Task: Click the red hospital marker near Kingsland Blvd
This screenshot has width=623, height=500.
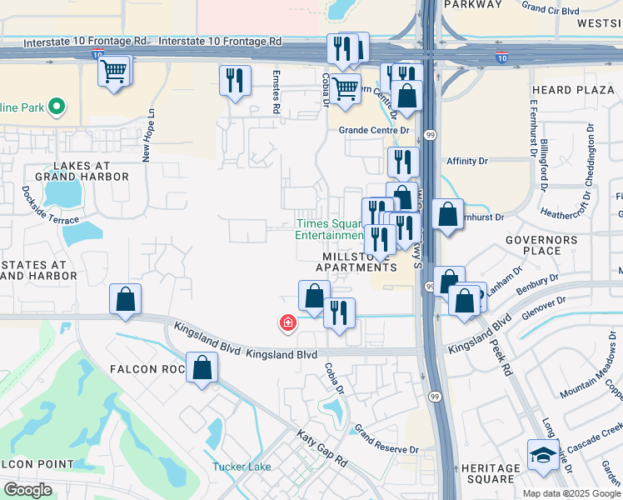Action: pyautogui.click(x=288, y=322)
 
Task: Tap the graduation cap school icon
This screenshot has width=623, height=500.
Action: pyautogui.click(x=544, y=455)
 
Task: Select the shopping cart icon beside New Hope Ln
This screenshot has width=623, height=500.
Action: pyautogui.click(x=114, y=71)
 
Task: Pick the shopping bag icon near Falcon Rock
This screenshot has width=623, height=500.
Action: pyautogui.click(x=202, y=367)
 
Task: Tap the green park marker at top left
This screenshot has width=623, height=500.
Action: pyautogui.click(x=57, y=107)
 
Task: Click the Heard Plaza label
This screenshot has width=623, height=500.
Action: pyautogui.click(x=562, y=90)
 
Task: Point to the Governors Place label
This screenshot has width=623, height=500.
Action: pyautogui.click(x=541, y=245)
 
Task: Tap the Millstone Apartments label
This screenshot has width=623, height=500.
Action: pyautogui.click(x=356, y=262)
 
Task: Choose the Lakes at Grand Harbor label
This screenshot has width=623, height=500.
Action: pyautogui.click(x=81, y=172)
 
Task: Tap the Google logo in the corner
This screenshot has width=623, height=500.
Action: pyautogui.click(x=27, y=490)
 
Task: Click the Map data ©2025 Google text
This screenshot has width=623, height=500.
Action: pyautogui.click(x=571, y=493)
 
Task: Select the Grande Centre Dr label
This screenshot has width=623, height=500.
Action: pyautogui.click(x=375, y=130)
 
